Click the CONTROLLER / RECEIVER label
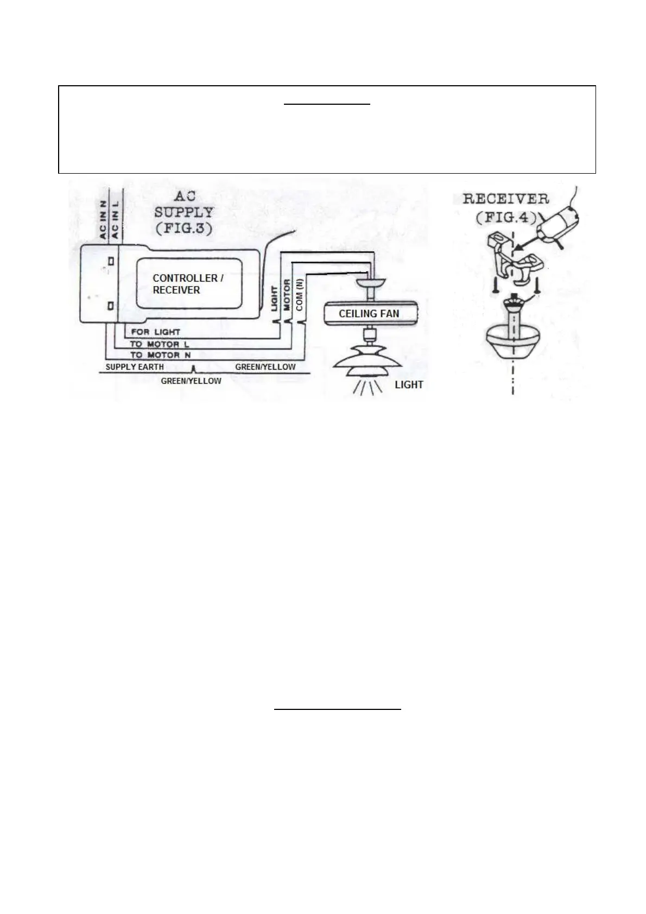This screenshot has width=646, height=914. [x=187, y=284]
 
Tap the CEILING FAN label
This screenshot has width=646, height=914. [x=369, y=314]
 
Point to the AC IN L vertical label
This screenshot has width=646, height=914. [x=115, y=220]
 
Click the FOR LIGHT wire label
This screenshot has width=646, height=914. [x=155, y=332]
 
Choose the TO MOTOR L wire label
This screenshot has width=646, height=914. [x=159, y=344]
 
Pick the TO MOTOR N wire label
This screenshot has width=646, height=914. [x=160, y=355]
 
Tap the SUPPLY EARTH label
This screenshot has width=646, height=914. [x=135, y=367]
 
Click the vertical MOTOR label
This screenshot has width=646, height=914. [x=287, y=296]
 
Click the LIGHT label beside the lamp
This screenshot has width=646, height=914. [x=409, y=385]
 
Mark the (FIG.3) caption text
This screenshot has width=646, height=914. [x=183, y=228]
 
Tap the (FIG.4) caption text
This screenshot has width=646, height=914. [x=506, y=218]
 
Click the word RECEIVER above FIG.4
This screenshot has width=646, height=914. [x=505, y=199]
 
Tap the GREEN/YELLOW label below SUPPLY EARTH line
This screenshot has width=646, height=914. [x=191, y=381]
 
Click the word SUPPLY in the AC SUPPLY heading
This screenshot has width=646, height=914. [x=184, y=212]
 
